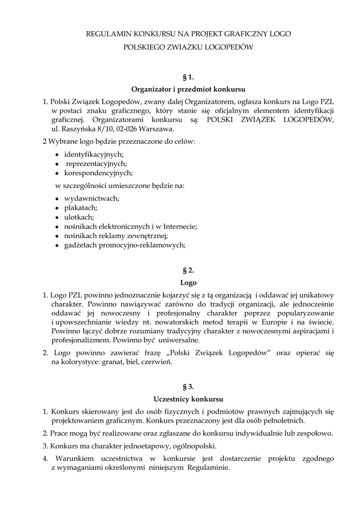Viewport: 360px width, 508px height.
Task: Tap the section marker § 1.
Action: [x=188, y=77]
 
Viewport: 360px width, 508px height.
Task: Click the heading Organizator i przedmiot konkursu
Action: [x=188, y=90]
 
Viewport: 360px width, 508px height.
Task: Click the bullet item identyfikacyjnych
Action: [x=94, y=154]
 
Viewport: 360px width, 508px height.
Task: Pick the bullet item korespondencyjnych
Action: [x=98, y=173]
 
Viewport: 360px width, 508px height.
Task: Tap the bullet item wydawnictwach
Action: [x=92, y=198]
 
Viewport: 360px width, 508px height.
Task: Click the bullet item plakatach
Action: [x=81, y=207]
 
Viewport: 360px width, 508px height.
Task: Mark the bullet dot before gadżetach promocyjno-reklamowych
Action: [x=58, y=245]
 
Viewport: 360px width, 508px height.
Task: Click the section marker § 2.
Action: [x=188, y=270]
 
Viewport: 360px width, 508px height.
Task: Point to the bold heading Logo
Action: [x=188, y=283]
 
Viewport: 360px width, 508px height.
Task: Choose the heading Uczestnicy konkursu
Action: [x=188, y=399]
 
